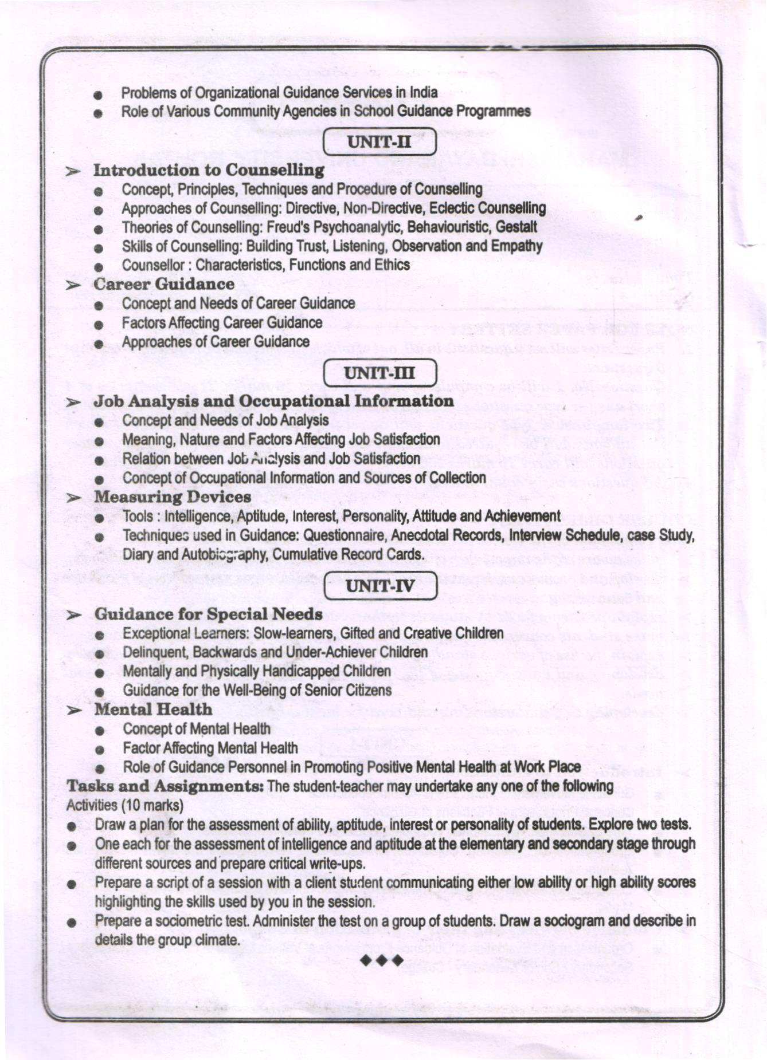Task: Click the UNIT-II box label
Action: tap(379, 141)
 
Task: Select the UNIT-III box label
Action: tap(379, 373)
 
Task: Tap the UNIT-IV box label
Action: tap(379, 586)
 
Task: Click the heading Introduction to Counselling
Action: tap(209, 170)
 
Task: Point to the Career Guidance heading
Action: tap(164, 284)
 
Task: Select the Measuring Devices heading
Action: tap(173, 496)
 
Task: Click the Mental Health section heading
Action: tap(153, 709)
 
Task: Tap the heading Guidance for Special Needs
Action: tap(208, 614)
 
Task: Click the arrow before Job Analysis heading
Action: tap(73, 403)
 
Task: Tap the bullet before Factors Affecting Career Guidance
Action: tap(99, 324)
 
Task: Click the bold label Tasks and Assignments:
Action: tap(165, 786)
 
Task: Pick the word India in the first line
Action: tap(425, 92)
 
